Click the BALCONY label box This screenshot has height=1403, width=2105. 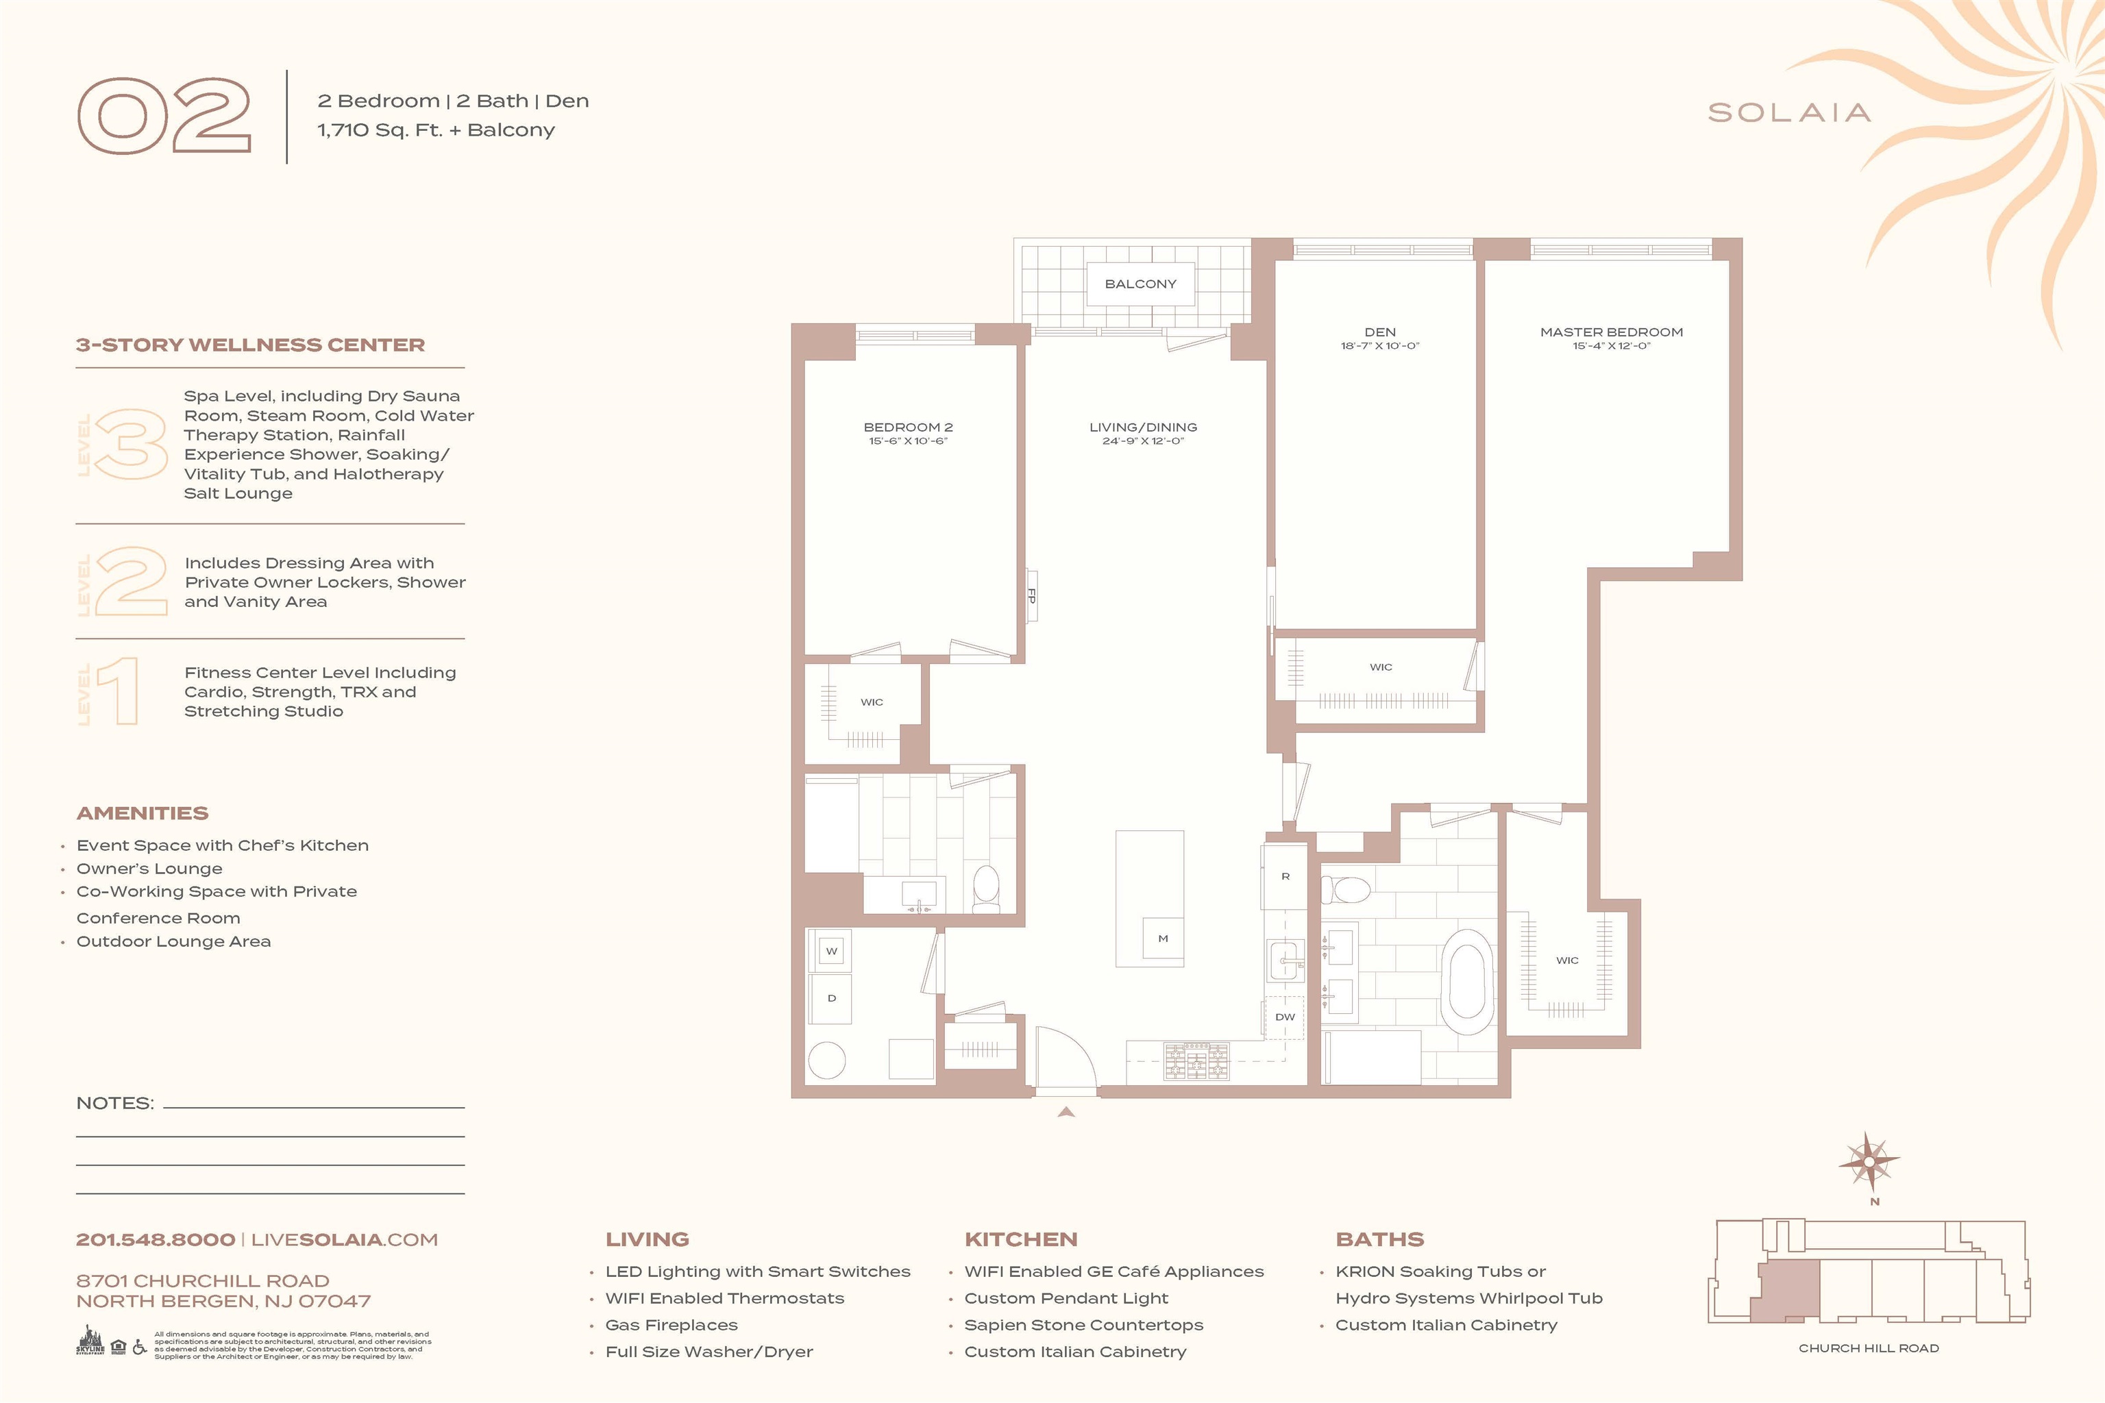click(x=1140, y=284)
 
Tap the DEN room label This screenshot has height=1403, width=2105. click(x=1379, y=332)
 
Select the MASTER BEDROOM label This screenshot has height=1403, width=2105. click(x=1611, y=332)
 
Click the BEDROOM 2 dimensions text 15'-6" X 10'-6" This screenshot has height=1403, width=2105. click(x=907, y=441)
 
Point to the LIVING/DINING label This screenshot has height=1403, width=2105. click(x=1143, y=427)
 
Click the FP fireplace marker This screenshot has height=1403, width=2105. click(x=1031, y=595)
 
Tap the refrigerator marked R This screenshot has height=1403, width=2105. click(x=1285, y=876)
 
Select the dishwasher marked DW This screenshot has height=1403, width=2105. click(x=1284, y=1017)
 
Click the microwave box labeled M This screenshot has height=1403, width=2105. click(x=1163, y=939)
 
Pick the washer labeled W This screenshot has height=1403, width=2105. click(x=831, y=951)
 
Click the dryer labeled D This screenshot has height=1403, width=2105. click(x=831, y=999)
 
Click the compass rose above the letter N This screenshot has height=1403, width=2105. click(x=1869, y=1161)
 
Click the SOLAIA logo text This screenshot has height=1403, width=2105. click(x=1789, y=113)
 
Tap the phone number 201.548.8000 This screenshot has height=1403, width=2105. click(x=156, y=1239)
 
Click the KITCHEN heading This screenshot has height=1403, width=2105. click(x=1020, y=1239)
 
